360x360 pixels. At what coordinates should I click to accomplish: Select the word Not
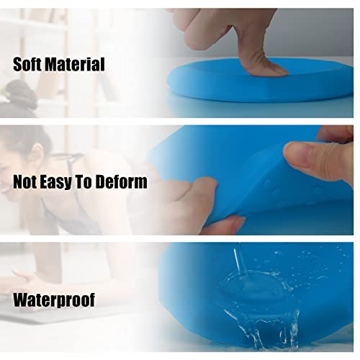coord(27,181)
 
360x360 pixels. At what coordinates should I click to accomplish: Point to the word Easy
coord(63,182)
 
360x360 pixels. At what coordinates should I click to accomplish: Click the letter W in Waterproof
coord(22,299)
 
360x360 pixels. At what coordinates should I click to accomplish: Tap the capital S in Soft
coord(18,64)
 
